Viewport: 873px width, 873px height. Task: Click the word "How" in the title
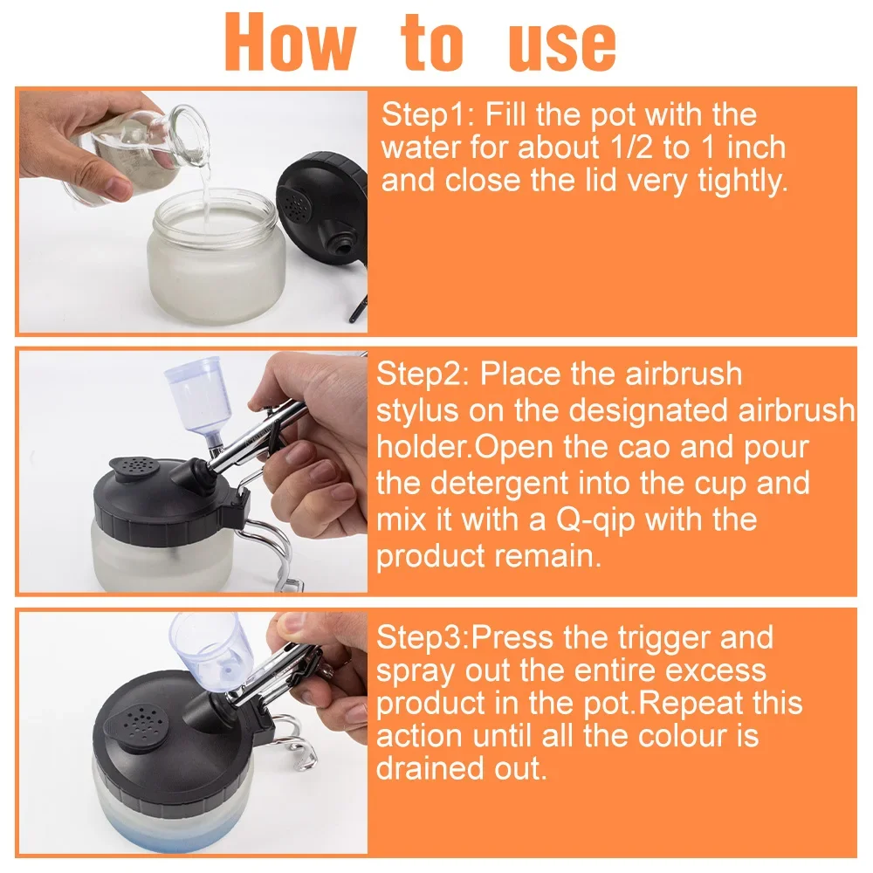click(x=290, y=42)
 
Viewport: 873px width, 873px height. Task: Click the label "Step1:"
click(x=428, y=115)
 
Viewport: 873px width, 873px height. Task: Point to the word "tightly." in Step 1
click(x=743, y=182)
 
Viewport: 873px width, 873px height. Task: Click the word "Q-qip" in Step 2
click(x=595, y=520)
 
